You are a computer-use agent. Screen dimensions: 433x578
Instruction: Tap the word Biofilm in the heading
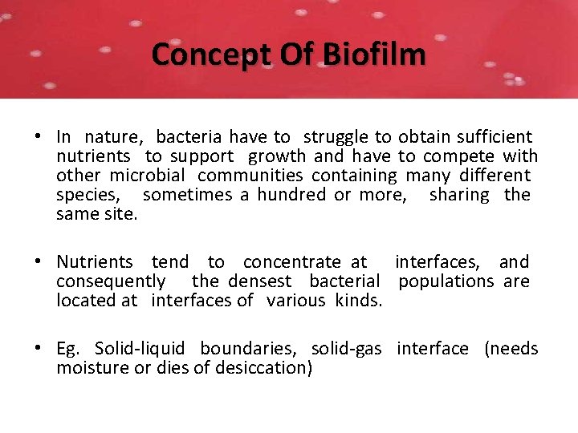(375, 55)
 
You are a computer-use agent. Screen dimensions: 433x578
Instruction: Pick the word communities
(250, 176)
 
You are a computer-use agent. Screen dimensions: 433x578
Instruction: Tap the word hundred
(291, 195)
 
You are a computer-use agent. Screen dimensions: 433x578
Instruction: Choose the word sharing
(459, 195)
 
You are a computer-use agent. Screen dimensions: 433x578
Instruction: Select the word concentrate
(292, 262)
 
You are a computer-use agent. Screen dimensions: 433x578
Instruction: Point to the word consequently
(111, 281)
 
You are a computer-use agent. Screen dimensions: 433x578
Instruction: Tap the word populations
(446, 281)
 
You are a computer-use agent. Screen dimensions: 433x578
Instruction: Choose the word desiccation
(264, 368)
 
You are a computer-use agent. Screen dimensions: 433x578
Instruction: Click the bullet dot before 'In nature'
(39, 138)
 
